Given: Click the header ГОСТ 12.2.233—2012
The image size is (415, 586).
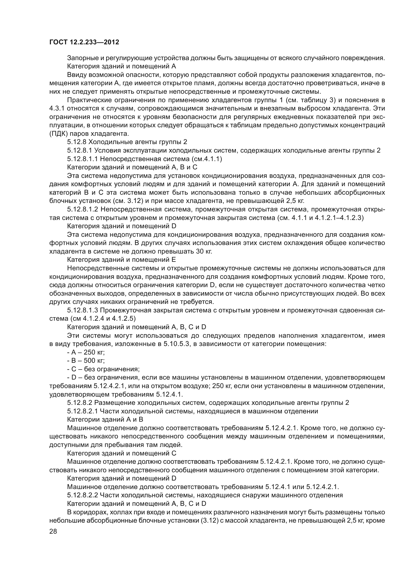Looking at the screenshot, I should coord(84,42).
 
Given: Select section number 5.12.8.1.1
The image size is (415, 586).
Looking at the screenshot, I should coord(83,159).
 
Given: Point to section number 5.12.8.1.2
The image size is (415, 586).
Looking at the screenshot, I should coord(83,209).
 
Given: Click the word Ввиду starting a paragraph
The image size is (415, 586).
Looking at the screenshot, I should coord(77,75).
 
